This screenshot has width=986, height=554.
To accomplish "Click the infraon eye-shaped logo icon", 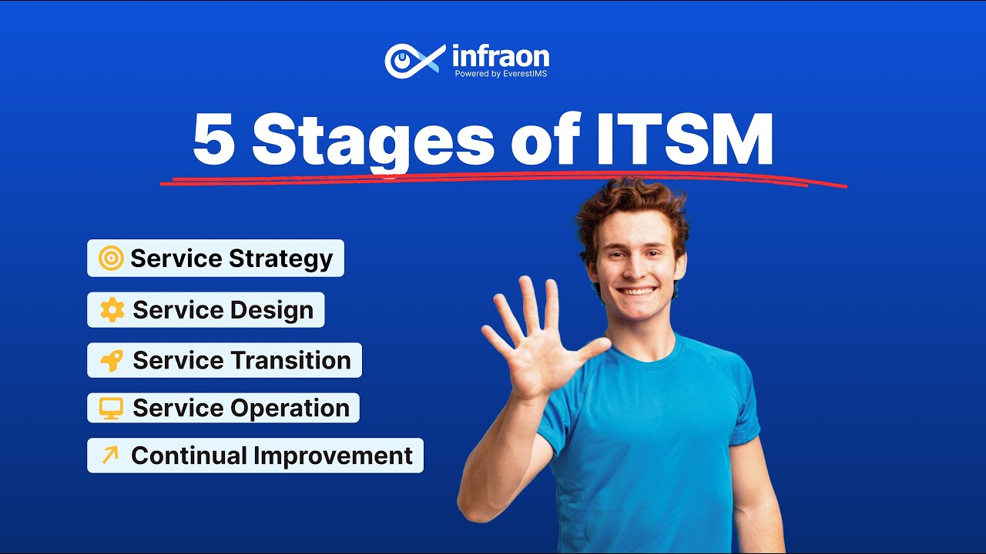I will (x=414, y=60).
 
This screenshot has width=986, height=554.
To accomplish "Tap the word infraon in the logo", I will (x=501, y=55).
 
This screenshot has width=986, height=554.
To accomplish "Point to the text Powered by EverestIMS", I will (x=501, y=74).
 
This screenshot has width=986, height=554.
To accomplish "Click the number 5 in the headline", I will (x=213, y=141).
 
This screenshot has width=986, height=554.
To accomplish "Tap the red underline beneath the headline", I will (x=501, y=180).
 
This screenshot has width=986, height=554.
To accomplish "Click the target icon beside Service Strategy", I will (x=111, y=259).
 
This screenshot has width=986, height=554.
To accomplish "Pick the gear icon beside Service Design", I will (x=112, y=310).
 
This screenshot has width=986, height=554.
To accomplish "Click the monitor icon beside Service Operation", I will (x=112, y=408).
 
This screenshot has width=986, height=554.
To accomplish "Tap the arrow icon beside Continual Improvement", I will (x=110, y=456).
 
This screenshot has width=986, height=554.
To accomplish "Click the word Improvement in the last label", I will (x=334, y=456).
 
